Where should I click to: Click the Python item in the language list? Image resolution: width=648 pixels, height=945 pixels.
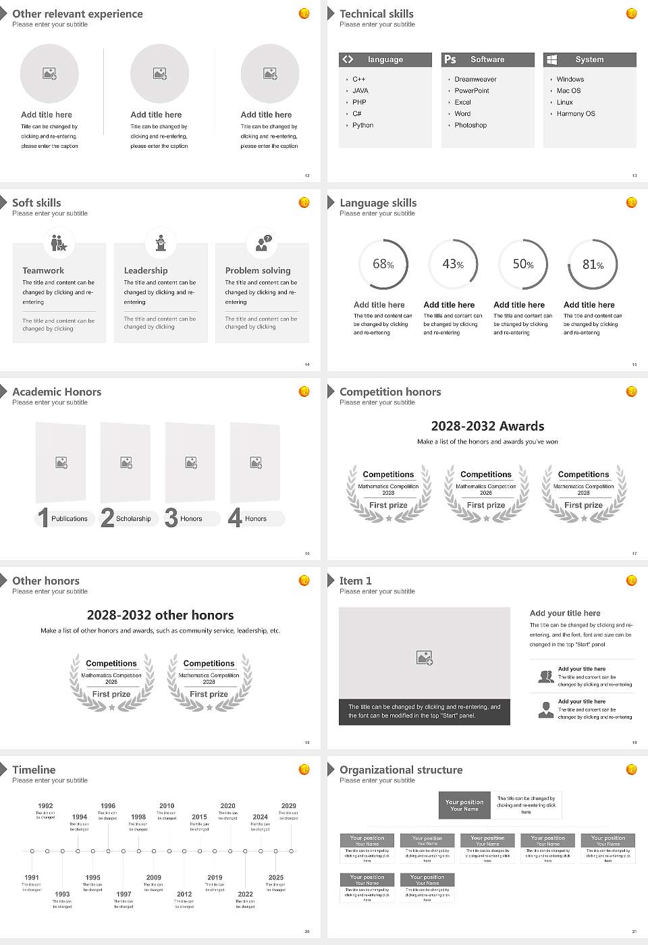click(x=362, y=126)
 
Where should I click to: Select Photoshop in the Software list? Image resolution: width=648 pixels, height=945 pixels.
click(x=470, y=126)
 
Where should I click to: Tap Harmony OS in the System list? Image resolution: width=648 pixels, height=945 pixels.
click(x=576, y=114)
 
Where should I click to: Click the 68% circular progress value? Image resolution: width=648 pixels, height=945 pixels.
click(x=383, y=265)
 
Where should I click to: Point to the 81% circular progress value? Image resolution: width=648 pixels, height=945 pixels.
click(x=593, y=265)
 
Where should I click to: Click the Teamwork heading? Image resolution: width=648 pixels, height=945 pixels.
click(x=43, y=271)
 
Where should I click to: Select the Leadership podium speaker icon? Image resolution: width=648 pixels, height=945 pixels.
click(x=161, y=242)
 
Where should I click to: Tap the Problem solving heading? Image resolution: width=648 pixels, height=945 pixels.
click(x=258, y=271)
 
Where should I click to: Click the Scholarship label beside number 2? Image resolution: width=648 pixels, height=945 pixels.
click(x=133, y=519)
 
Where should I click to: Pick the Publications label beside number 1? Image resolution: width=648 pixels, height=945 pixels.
click(x=70, y=519)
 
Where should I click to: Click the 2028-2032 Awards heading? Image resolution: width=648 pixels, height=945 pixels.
click(x=487, y=427)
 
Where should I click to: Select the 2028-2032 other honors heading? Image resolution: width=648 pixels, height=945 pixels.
click(x=160, y=616)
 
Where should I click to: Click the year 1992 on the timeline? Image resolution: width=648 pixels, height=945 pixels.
click(x=45, y=806)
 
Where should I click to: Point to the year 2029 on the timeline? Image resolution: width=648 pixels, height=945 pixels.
click(x=289, y=806)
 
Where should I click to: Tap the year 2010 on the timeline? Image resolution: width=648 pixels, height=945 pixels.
click(x=167, y=806)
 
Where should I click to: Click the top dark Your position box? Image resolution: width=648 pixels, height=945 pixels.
click(x=464, y=805)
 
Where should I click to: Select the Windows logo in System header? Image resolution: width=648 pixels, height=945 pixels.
click(x=551, y=59)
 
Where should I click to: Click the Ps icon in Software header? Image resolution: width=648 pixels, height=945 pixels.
click(x=450, y=59)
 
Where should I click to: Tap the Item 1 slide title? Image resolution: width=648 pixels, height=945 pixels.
click(x=355, y=581)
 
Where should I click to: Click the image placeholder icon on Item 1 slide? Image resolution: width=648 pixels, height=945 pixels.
click(x=425, y=657)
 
